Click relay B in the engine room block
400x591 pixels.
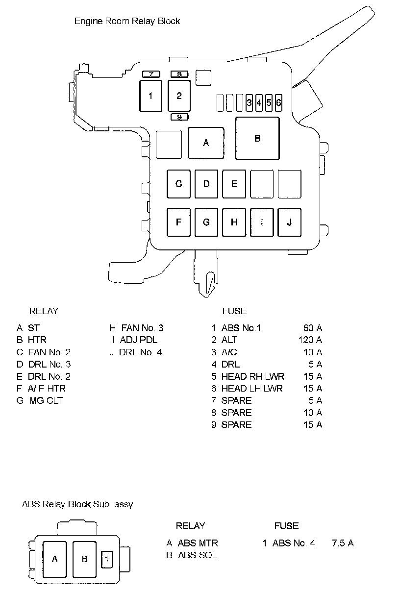pos(257,138)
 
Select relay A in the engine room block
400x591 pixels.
pos(206,143)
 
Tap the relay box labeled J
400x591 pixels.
pos(290,222)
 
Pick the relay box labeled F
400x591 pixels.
pos(179,222)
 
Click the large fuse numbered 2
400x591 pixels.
pos(179,96)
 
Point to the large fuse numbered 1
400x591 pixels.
pos(150,96)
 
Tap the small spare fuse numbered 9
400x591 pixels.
pos(179,117)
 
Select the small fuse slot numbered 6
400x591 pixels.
pos(278,103)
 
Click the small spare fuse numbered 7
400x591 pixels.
pos(151,74)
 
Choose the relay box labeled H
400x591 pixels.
pos(234,222)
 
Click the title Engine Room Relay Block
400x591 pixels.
pos(127,21)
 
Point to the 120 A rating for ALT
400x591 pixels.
pos(310,340)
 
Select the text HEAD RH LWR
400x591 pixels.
pos(252,376)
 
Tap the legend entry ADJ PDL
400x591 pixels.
pos(139,340)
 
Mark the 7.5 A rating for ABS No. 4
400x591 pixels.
pos(343,543)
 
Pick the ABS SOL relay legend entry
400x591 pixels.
pos(197,555)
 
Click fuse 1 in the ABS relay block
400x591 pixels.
pos(107,558)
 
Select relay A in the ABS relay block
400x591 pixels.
pos(55,559)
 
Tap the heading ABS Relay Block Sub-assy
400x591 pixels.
pos(77,504)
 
